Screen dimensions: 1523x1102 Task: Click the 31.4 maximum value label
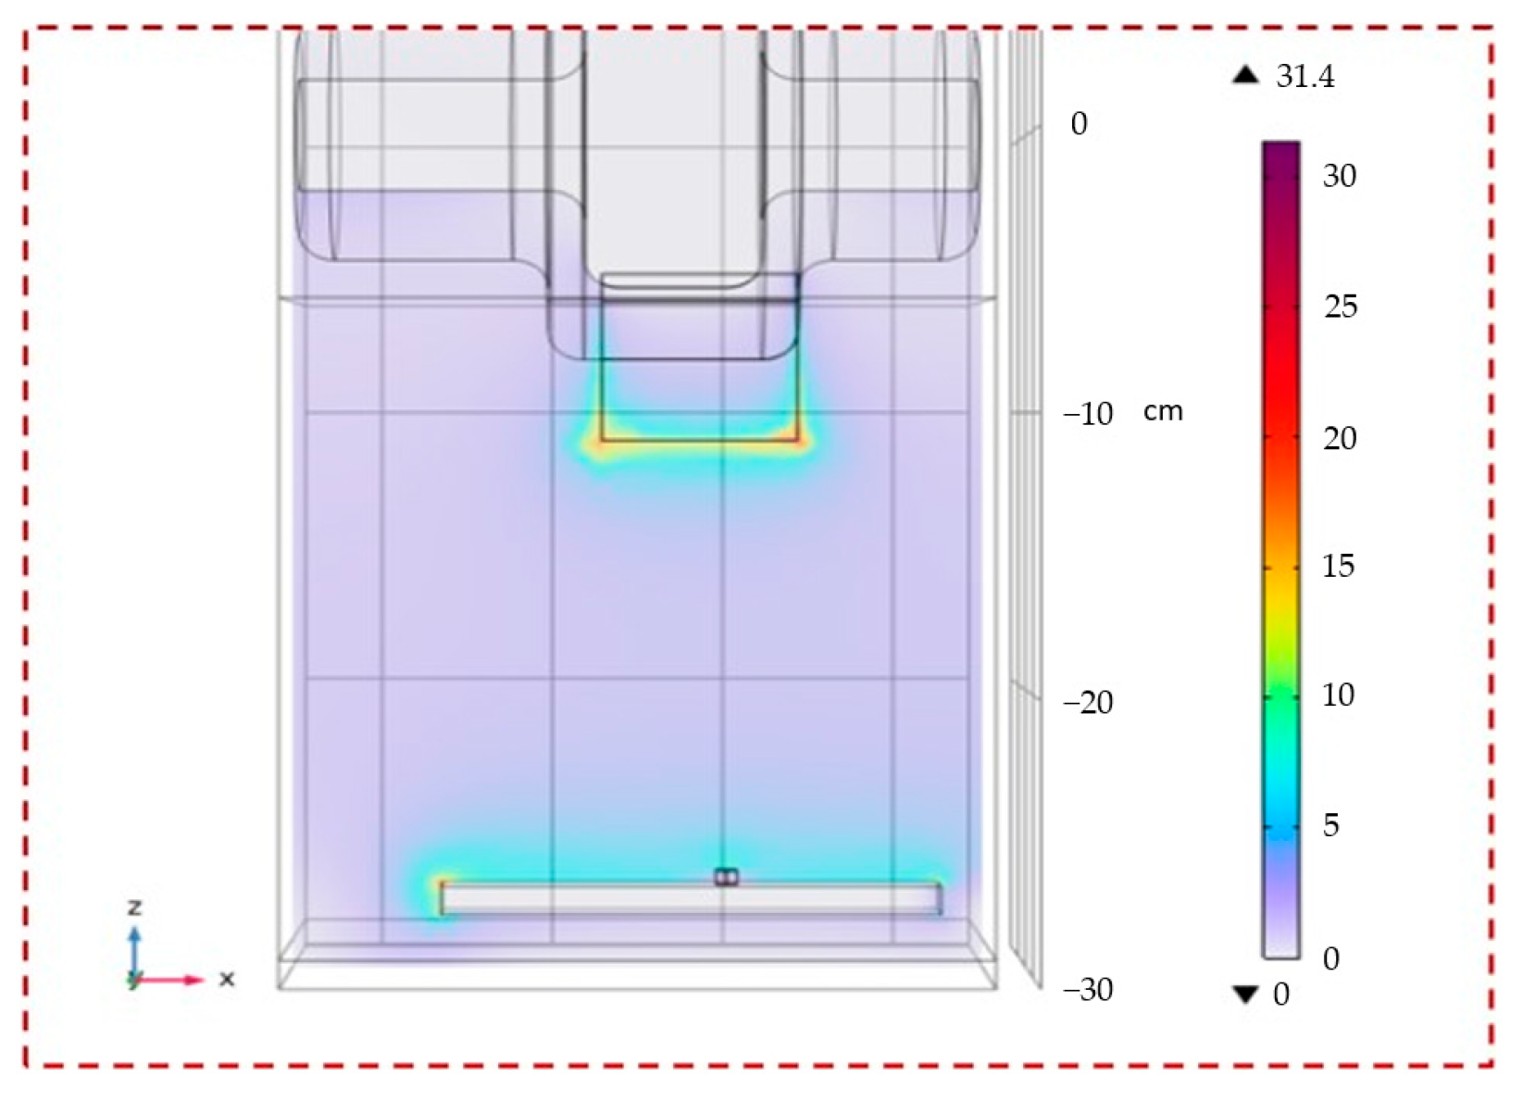[1305, 77]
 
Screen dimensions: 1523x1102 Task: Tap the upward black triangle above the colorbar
[1245, 75]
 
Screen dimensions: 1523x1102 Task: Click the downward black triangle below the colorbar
[1245, 996]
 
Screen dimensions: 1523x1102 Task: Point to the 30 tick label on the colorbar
[1340, 176]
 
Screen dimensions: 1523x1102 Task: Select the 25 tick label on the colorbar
[1340, 307]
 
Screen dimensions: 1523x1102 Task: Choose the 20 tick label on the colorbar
[1340, 439]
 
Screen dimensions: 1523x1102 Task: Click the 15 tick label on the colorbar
[1339, 566]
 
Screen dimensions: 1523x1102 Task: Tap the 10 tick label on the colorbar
[1339, 695]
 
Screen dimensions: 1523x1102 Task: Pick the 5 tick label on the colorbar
[1331, 825]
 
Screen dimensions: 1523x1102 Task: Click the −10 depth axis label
[1088, 414]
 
